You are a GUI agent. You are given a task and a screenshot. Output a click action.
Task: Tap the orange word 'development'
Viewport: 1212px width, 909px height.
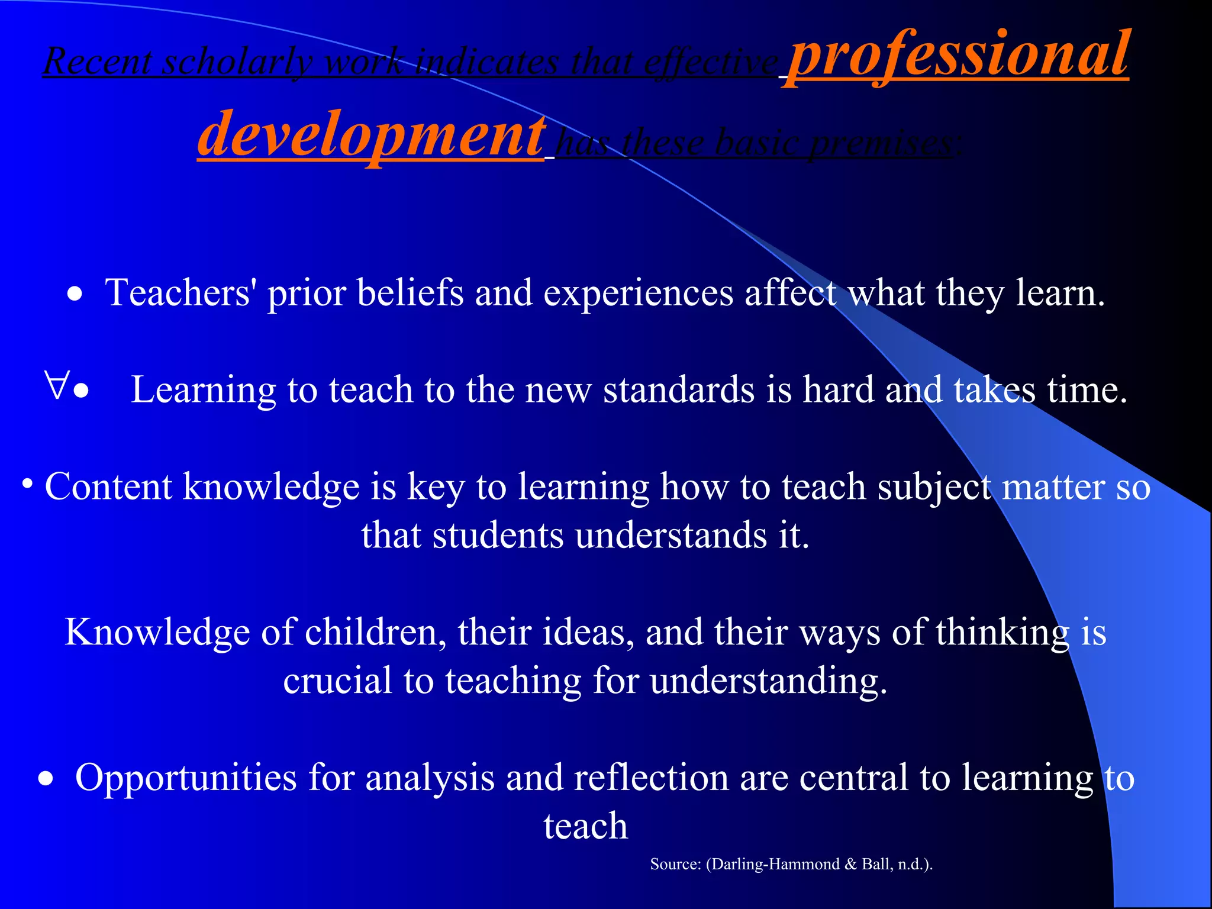pos(371,135)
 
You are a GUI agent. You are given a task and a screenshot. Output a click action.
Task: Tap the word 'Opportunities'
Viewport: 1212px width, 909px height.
pos(186,778)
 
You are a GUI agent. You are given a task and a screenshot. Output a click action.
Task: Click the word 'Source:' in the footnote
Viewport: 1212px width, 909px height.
pos(675,864)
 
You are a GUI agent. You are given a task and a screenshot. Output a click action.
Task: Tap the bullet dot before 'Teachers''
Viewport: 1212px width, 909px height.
pos(75,294)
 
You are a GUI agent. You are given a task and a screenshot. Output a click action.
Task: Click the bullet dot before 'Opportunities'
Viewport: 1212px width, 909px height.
pos(46,779)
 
